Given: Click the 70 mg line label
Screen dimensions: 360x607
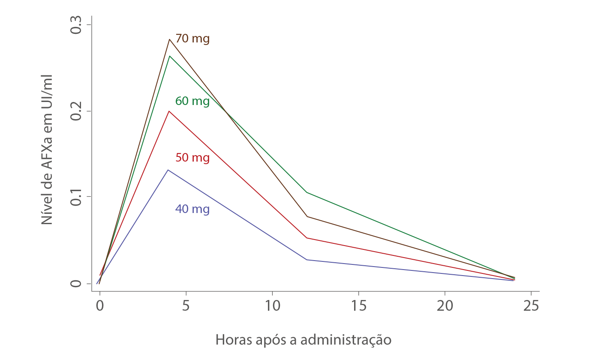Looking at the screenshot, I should (x=192, y=39).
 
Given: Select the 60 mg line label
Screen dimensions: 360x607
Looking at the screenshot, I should (x=192, y=102).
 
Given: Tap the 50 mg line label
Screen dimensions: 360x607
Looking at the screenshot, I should (x=192, y=158).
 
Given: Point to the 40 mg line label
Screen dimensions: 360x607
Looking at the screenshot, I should (x=192, y=210).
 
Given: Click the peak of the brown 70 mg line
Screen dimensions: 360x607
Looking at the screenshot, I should (x=170, y=39).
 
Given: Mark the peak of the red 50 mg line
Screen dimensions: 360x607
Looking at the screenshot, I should (x=169, y=111).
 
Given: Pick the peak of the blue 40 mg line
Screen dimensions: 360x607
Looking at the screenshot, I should (x=168, y=170).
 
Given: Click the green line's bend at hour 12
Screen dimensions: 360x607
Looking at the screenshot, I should (x=307, y=192).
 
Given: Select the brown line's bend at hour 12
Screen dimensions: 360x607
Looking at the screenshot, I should (x=307, y=216).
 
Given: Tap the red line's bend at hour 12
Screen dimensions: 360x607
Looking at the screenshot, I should (x=307, y=237).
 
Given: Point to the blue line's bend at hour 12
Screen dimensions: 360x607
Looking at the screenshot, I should (x=307, y=260).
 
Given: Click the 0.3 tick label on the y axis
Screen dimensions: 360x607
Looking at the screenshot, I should (x=76, y=25).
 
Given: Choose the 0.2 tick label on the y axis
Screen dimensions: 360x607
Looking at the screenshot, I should (x=76, y=111).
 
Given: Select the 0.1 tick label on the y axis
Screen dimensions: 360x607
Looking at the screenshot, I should (x=76, y=196).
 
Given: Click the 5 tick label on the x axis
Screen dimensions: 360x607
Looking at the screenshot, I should (x=186, y=305).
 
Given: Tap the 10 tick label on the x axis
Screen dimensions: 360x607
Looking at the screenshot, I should (x=272, y=305).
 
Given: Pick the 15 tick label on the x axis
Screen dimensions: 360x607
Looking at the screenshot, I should (x=358, y=305).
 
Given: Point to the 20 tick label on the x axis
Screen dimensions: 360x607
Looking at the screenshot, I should (x=445, y=305).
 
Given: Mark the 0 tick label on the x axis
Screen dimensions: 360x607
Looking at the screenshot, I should (x=100, y=305).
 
